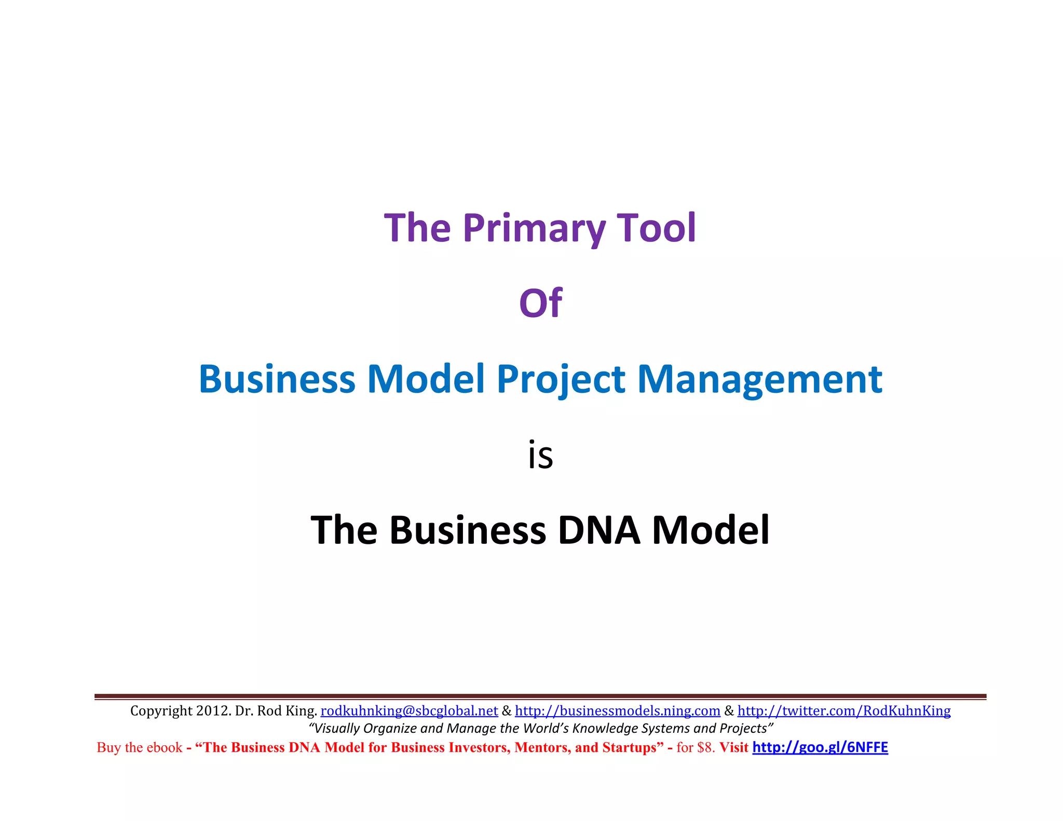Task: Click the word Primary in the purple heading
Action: coord(534,228)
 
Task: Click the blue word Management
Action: coord(759,379)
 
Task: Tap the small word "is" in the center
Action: coord(540,456)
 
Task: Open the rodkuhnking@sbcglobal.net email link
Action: coord(409,710)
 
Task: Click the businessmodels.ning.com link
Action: coord(617,710)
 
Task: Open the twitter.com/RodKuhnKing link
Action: coord(844,710)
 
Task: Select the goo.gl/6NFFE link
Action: coord(820,747)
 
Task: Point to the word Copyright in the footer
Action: coord(161,710)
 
